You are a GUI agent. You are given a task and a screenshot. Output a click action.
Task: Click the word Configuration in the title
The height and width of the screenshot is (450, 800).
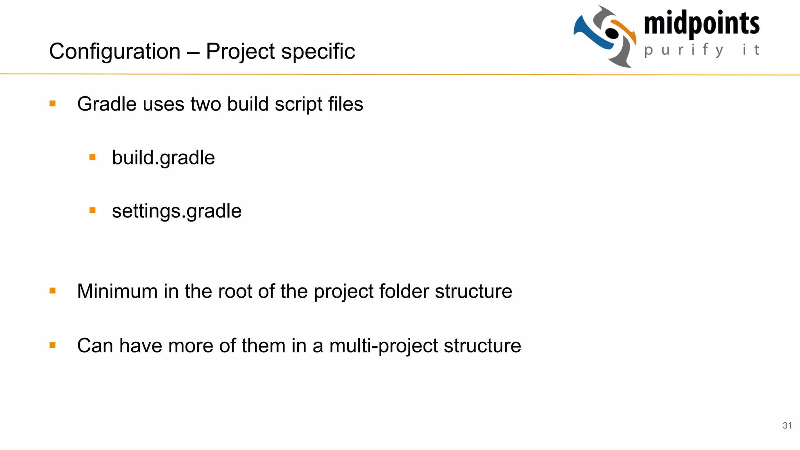[x=115, y=52]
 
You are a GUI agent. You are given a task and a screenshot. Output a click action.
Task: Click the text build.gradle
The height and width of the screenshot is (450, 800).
[x=163, y=158]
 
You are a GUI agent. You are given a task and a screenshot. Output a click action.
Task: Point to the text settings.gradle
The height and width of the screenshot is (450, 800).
[x=177, y=211]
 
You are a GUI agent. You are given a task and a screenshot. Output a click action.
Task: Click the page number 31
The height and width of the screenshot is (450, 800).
[x=787, y=425]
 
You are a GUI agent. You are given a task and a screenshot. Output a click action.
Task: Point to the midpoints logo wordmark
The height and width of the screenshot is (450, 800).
[x=702, y=23]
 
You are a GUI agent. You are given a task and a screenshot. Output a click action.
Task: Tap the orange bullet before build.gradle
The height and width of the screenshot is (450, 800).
[x=93, y=157]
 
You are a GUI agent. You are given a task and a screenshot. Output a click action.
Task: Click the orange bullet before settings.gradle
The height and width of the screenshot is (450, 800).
[x=93, y=211]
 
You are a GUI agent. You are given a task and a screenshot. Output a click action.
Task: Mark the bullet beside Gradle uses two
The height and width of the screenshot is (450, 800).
[x=53, y=104]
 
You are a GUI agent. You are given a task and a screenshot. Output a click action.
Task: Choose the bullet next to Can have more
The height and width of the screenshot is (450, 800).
[x=53, y=345]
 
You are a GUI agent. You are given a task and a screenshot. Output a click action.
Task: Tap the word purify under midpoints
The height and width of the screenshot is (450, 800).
[x=684, y=50]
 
